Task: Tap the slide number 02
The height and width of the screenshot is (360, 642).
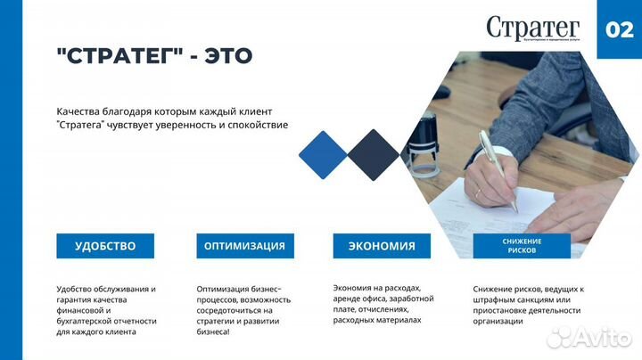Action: pyautogui.click(x=619, y=29)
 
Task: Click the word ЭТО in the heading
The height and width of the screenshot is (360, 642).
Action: pyautogui.click(x=226, y=55)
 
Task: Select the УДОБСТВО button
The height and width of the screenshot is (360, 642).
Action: pyautogui.click(x=105, y=246)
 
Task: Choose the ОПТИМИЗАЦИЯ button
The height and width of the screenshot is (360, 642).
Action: pyautogui.click(x=244, y=246)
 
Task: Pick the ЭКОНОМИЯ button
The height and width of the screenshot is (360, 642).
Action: pyautogui.click(x=382, y=246)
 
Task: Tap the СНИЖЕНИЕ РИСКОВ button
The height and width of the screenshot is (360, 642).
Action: pyautogui.click(x=522, y=246)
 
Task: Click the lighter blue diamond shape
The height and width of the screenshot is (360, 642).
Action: pyautogui.click(x=322, y=155)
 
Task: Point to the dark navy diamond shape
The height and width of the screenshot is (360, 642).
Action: pyautogui.click(x=373, y=155)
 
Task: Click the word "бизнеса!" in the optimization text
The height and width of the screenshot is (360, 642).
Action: pyautogui.click(x=213, y=331)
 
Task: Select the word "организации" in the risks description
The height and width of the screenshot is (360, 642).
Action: pyautogui.click(x=498, y=321)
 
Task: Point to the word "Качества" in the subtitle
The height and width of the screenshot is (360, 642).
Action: pyautogui.click(x=77, y=111)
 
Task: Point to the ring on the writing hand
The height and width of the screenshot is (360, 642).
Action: pyautogui.click(x=478, y=192)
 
